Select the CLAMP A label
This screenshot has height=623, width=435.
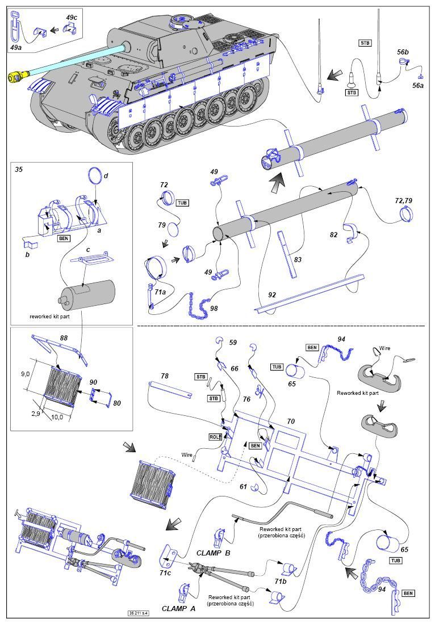(178, 608)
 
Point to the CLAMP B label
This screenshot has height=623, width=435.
(213, 553)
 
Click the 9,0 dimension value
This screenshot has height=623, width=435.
(26, 374)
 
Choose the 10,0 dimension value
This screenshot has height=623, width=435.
(57, 417)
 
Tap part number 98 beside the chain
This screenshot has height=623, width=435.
(214, 308)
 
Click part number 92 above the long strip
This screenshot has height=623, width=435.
(272, 295)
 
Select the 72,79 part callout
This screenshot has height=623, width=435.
(403, 201)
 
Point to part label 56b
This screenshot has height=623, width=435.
(403, 52)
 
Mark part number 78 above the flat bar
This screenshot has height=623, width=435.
(165, 376)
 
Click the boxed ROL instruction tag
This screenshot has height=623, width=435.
(214, 437)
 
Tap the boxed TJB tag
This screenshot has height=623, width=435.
(396, 561)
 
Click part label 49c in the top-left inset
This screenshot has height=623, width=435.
(72, 17)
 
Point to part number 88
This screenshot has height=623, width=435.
(63, 338)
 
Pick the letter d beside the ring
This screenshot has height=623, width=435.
(106, 175)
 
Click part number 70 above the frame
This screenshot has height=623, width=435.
(291, 421)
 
